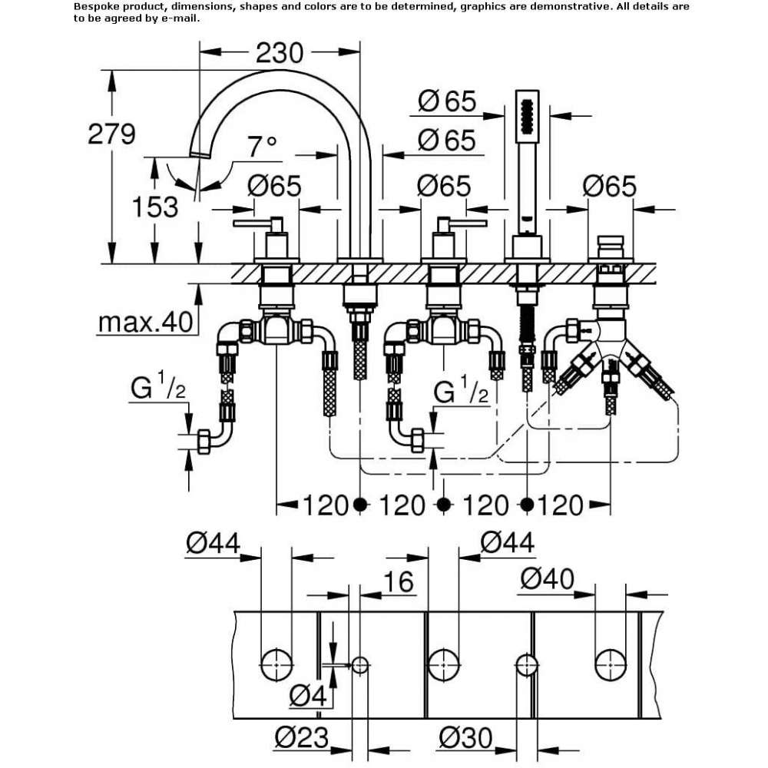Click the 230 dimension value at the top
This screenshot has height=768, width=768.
click(280, 53)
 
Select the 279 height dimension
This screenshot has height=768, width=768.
click(111, 134)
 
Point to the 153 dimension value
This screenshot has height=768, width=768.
click(155, 207)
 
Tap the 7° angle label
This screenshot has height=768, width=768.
click(262, 147)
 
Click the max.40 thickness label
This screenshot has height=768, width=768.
click(145, 323)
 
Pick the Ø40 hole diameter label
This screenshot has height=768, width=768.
click(547, 579)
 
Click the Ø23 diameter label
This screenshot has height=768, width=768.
click(301, 737)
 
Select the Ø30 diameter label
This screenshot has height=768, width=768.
click(465, 737)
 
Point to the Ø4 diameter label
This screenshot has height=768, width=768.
click(308, 696)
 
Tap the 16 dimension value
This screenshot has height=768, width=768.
click(398, 582)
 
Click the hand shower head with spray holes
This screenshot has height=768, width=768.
click(527, 117)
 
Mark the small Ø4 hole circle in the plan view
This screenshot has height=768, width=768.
click(359, 665)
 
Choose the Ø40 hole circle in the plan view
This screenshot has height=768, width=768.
click(611, 665)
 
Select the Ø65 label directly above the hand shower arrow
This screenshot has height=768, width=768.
click(447, 102)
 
